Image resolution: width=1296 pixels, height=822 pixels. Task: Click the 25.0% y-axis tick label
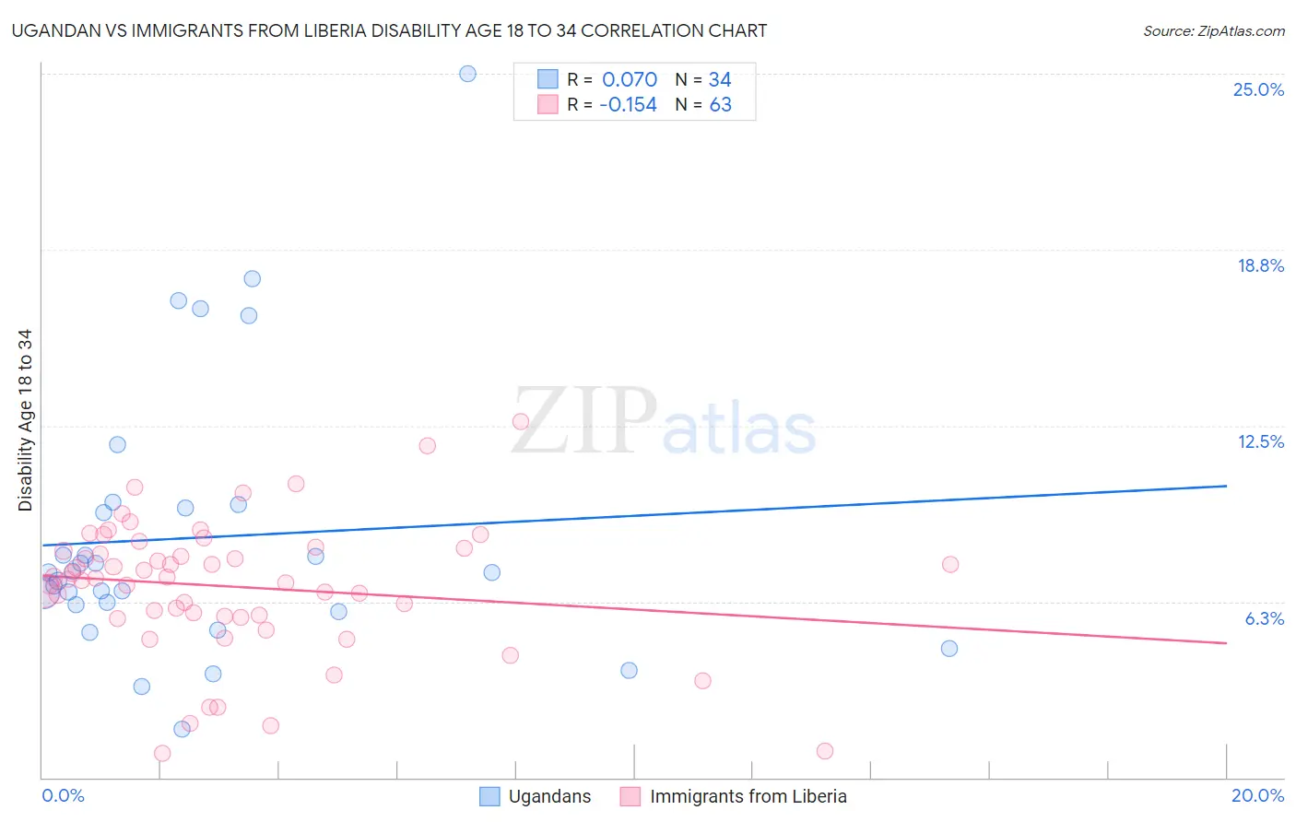[1258, 89]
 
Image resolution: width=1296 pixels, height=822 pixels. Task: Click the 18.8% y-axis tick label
[1260, 265]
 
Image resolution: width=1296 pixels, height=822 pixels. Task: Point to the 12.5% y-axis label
[1260, 441]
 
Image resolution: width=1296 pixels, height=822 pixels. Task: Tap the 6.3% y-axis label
[1264, 618]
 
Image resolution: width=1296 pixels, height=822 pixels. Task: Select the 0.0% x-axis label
[63, 795]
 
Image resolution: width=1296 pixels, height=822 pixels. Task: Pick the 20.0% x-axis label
[1257, 795]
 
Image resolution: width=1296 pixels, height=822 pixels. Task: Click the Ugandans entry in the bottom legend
[549, 796]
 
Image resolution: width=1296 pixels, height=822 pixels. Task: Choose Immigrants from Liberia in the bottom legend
[748, 796]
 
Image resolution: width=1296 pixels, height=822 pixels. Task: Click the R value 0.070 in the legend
[630, 79]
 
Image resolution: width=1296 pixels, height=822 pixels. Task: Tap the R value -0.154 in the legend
[628, 105]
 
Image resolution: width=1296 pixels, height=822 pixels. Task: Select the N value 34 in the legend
[720, 79]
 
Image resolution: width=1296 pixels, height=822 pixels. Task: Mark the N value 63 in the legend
[720, 105]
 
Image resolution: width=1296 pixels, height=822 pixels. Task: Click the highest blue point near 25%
[467, 74]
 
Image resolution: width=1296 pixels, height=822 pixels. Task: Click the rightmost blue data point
[949, 649]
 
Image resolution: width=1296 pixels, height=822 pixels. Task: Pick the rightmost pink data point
[950, 564]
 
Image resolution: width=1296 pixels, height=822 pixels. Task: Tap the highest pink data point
[521, 421]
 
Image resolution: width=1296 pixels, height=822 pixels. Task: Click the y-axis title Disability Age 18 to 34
[25, 420]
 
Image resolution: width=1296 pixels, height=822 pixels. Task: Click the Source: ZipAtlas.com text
[1213, 30]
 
